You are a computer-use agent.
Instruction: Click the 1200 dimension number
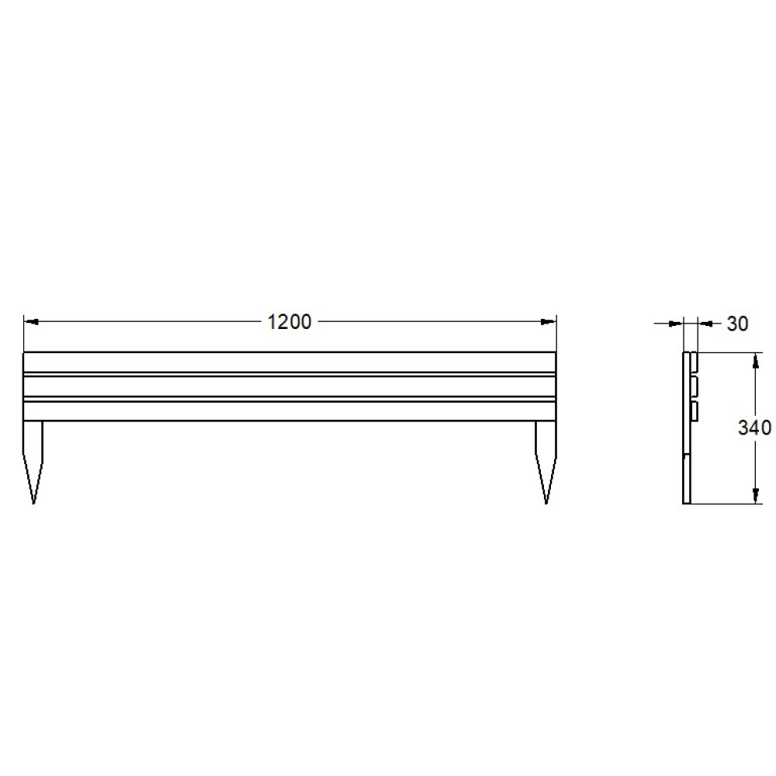tap(289, 322)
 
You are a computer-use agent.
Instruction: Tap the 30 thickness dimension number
tap(737, 324)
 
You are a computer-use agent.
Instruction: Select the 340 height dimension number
tap(754, 428)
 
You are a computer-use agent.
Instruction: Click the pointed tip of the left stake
tap(33, 504)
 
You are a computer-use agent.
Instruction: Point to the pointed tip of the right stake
tap(546, 504)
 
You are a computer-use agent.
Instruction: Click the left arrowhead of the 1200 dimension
tap(31, 322)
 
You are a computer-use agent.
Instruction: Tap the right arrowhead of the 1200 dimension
tap(549, 322)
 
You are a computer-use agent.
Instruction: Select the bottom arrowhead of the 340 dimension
tap(755, 496)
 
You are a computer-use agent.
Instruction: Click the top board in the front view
tap(289, 362)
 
